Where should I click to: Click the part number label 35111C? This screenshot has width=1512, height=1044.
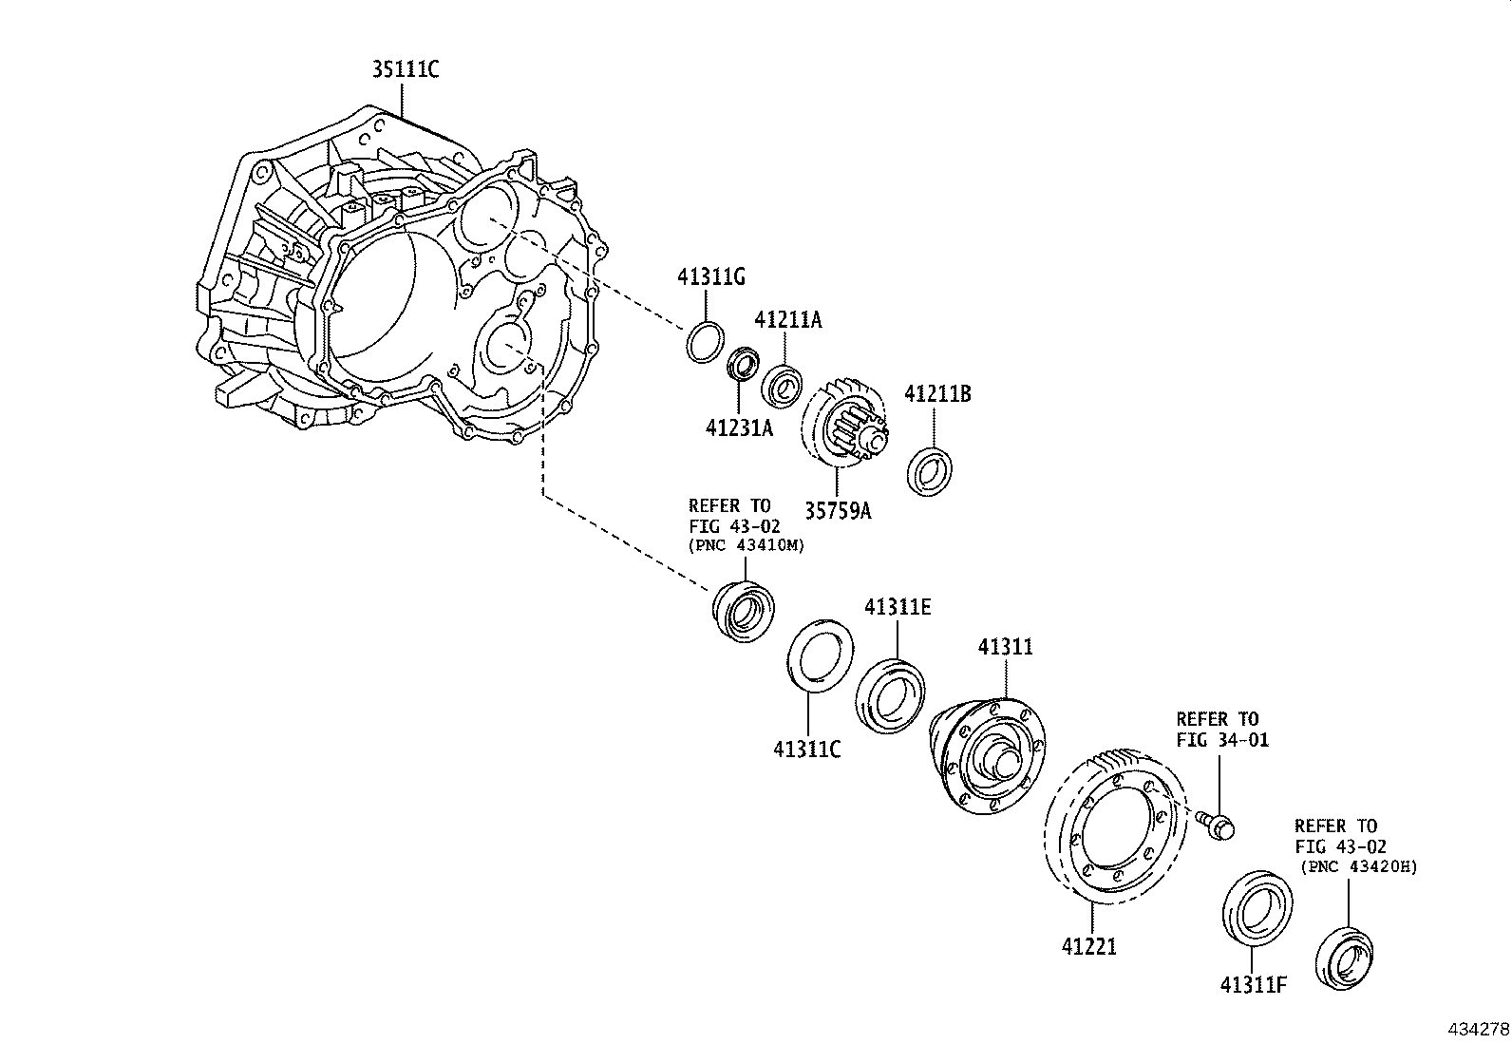[x=405, y=69]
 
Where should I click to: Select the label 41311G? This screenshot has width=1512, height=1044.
[x=710, y=277]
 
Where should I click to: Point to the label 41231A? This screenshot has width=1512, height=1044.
[x=739, y=428]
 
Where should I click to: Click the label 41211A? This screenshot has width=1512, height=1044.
[x=788, y=320]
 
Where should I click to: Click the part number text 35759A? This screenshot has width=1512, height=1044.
[x=838, y=510]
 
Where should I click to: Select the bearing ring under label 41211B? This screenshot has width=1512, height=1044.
[x=932, y=471]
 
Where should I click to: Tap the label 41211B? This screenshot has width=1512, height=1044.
[x=937, y=393]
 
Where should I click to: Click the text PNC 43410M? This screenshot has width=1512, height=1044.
[x=747, y=545]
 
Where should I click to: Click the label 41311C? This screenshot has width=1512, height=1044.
[x=806, y=750]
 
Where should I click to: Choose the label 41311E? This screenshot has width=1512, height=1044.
[x=898, y=607]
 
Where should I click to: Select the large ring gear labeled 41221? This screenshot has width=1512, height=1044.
[x=1116, y=826]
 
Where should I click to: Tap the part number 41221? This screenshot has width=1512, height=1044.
[x=1089, y=946]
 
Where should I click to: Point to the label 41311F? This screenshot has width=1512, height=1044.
[x=1253, y=985]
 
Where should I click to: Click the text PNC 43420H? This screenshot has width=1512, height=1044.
[x=1360, y=866]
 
